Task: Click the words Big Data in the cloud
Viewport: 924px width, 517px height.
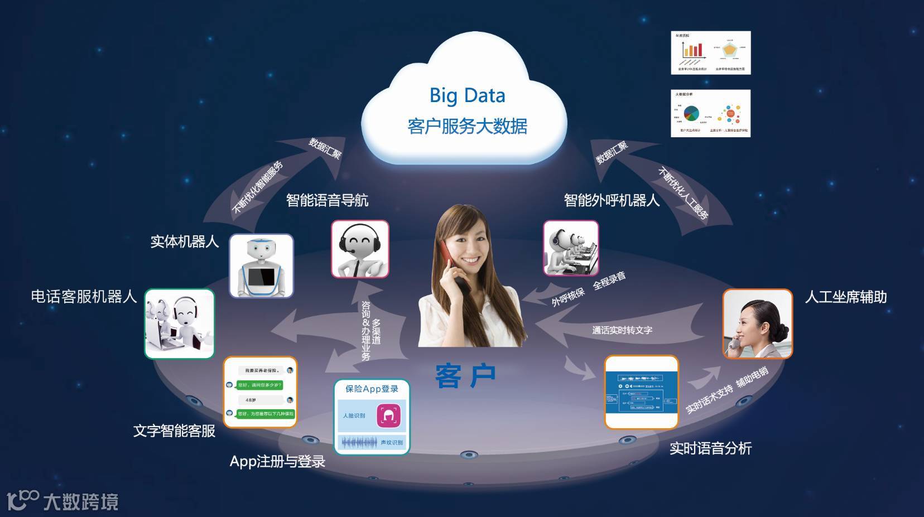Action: click(x=467, y=95)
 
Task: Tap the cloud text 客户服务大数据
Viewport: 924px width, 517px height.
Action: click(x=467, y=126)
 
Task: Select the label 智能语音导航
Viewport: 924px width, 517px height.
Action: click(x=327, y=200)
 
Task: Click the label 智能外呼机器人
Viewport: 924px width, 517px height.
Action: click(x=612, y=200)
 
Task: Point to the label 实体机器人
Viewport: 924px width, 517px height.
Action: click(x=185, y=241)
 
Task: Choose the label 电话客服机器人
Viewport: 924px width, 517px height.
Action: click(x=84, y=296)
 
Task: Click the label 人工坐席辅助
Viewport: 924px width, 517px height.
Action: click(x=845, y=297)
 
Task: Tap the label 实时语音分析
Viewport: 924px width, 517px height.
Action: click(x=710, y=448)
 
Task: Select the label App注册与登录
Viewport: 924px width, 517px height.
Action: click(x=277, y=461)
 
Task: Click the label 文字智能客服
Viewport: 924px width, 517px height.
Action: click(x=174, y=431)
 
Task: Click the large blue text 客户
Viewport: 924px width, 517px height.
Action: click(x=465, y=376)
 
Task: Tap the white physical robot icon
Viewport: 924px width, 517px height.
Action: click(x=261, y=266)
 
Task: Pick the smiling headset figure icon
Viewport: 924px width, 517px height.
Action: click(x=360, y=249)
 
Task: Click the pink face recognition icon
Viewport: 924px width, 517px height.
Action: click(x=388, y=415)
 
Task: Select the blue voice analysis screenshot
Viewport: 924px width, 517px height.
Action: click(x=642, y=392)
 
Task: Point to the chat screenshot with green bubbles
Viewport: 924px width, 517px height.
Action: click(x=260, y=392)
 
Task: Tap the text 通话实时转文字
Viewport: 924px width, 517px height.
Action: click(x=622, y=330)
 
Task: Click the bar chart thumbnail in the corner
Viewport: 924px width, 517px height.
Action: click(x=710, y=53)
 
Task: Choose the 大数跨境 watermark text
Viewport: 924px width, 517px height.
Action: click(x=81, y=501)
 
